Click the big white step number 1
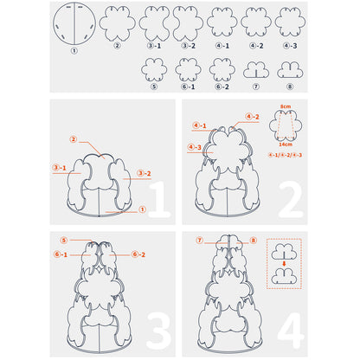[159, 199]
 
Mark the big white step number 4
[291, 331]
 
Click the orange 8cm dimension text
[286, 106]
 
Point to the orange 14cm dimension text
[286, 144]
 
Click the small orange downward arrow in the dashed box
[284, 264]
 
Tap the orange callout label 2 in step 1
[74, 139]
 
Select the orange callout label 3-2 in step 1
[145, 173]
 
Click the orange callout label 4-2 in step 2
[253, 117]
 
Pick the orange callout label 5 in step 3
[64, 240]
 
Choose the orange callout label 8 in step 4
[254, 240]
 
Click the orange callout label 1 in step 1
[142, 209]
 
